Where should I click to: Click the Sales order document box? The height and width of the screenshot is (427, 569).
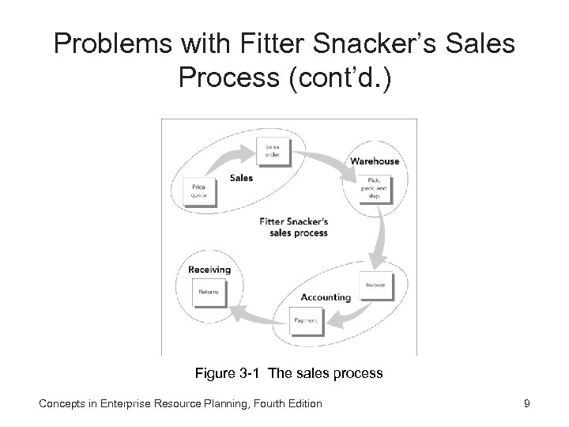click(x=273, y=151)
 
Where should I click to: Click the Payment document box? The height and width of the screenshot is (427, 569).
click(x=307, y=319)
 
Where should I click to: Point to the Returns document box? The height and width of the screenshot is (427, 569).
click(x=209, y=292)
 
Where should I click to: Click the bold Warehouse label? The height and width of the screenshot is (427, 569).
click(x=375, y=162)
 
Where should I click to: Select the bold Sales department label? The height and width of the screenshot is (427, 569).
click(x=241, y=178)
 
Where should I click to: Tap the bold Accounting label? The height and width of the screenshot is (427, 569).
click(x=325, y=297)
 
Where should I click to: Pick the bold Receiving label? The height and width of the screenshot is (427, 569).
click(x=209, y=270)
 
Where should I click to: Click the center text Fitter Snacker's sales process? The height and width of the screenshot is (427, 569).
click(x=293, y=228)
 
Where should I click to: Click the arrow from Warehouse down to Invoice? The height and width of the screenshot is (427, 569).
click(x=383, y=237)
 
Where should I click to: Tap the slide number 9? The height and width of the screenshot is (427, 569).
click(x=526, y=403)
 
